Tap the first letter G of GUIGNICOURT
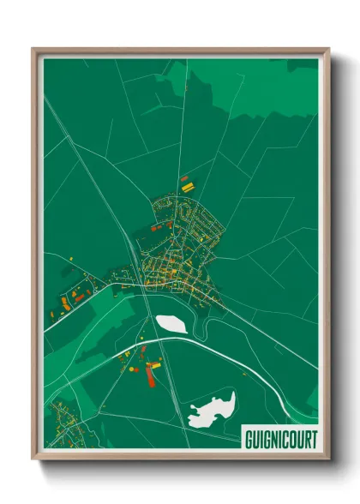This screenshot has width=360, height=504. pyautogui.click(x=249, y=436)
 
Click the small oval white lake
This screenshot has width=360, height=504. pyautogui.click(x=171, y=324)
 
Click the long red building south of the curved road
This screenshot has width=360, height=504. pyautogui.click(x=154, y=374)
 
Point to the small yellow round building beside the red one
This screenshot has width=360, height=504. pyautogui.click(x=145, y=368)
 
